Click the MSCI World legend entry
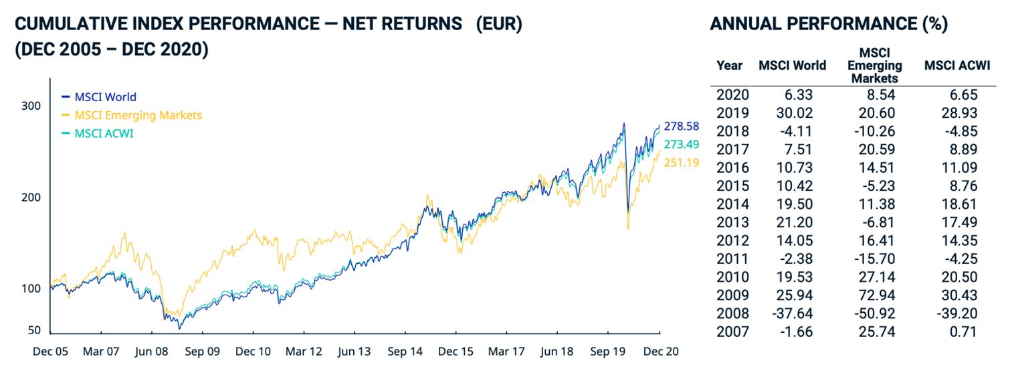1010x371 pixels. click(105, 97)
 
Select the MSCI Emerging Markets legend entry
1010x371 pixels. click(138, 115)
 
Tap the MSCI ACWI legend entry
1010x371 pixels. click(104, 133)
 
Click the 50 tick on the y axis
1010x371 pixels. click(34, 331)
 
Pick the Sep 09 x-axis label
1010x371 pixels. click(202, 351)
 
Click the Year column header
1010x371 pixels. click(729, 66)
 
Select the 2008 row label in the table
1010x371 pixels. click(732, 313)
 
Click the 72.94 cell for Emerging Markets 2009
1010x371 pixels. click(878, 295)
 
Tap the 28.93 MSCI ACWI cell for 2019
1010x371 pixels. click(959, 113)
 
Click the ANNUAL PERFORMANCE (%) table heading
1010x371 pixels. click(829, 25)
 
